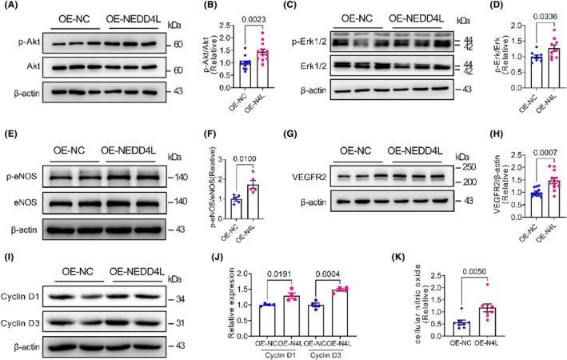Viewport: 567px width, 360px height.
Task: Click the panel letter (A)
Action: pyautogui.click(x=11, y=6)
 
